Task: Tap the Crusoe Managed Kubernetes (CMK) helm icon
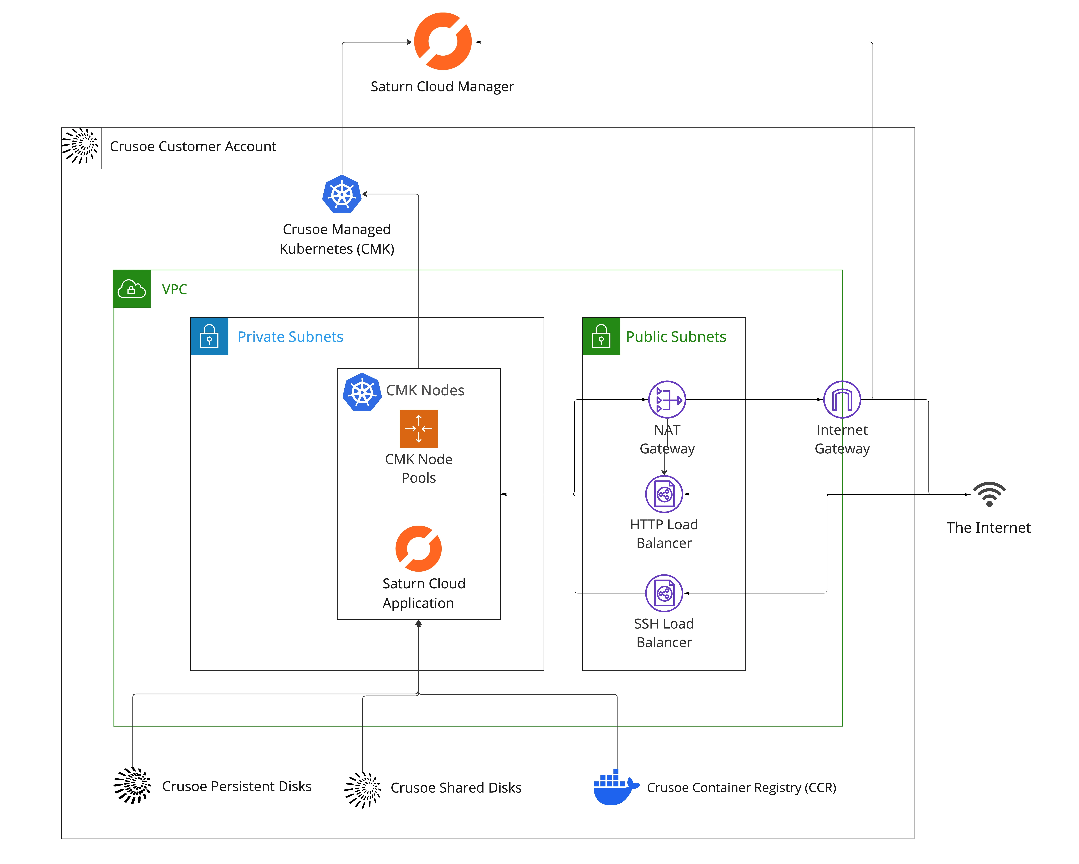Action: (x=342, y=194)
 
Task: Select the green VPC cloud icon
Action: (x=132, y=289)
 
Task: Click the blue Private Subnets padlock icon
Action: (x=209, y=336)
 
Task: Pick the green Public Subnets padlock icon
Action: (x=601, y=336)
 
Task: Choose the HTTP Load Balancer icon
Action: (x=664, y=494)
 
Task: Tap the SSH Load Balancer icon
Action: (x=664, y=593)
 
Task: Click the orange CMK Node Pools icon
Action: (x=418, y=428)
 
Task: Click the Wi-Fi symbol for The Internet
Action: (x=989, y=494)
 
